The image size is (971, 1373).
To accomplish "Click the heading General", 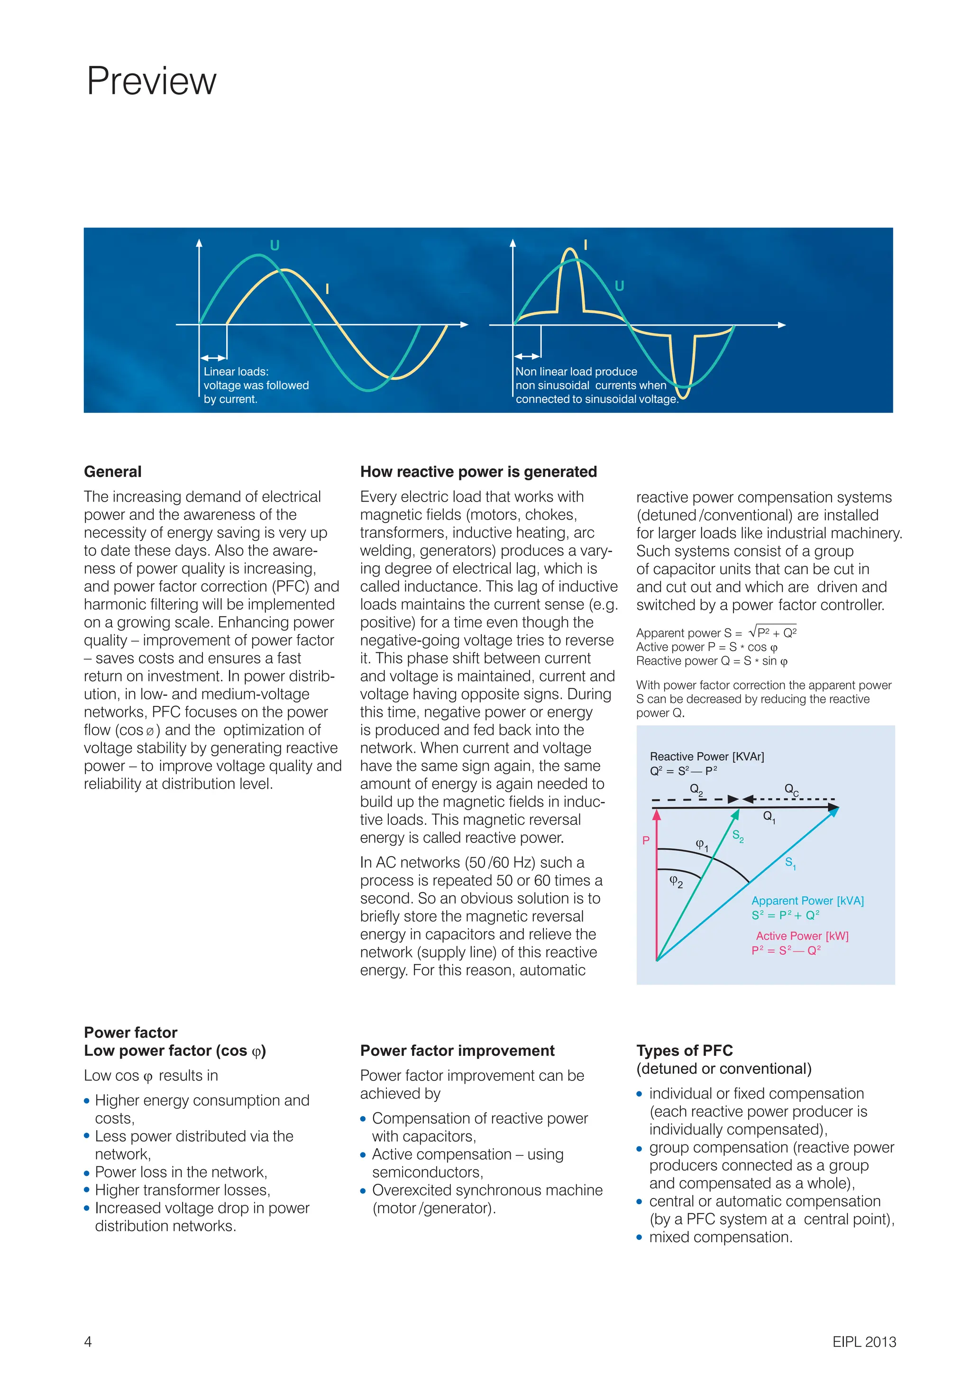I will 112,472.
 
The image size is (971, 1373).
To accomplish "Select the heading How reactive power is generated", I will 478,472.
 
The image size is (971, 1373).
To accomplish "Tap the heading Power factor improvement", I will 458,1051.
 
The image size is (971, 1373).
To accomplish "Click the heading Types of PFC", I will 685,1051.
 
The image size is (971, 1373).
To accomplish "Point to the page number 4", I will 88,1341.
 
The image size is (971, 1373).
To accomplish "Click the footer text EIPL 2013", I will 864,1341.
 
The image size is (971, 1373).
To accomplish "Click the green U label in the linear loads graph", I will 275,245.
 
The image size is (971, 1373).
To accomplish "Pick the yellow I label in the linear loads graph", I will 327,289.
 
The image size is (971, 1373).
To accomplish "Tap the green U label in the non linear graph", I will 619,286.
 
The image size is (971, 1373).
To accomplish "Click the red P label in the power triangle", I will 646,840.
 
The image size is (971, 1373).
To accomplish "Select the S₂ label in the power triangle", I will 738,835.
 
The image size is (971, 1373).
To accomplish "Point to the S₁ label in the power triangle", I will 790,863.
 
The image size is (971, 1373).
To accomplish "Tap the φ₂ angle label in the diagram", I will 676,881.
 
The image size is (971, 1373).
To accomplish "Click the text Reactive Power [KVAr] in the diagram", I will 707,757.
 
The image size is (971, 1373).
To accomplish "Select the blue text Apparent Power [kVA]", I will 807,901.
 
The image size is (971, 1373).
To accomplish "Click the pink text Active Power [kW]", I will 802,936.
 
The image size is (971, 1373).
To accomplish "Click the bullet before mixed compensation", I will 639,1237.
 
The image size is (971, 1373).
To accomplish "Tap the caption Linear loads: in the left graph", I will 236,371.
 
